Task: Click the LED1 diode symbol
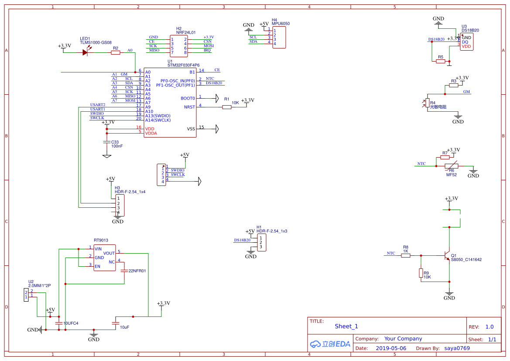[86, 52]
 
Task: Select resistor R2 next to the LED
[115, 52]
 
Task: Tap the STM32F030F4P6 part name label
[183, 65]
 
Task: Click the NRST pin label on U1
[189, 107]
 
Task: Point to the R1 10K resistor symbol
[226, 107]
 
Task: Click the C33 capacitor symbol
[106, 142]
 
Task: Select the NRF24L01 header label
[186, 33]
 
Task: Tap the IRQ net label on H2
[207, 50]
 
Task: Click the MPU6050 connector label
[281, 24]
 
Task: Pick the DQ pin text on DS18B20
[465, 42]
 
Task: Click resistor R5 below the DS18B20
[441, 61]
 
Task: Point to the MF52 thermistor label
[451, 175]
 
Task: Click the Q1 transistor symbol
[446, 255]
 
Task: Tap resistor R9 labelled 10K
[421, 273]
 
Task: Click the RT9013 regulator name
[101, 240]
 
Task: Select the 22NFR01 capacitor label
[137, 271]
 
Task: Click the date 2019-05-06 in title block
[390, 348]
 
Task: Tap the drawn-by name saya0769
[457, 348]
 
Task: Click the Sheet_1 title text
[346, 326]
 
